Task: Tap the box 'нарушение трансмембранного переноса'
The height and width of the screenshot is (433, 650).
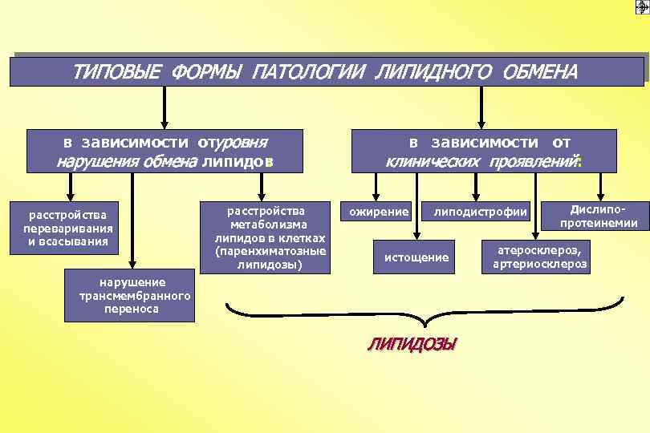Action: pos(135,295)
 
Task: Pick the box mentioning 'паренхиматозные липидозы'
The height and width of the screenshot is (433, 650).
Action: pos(265,237)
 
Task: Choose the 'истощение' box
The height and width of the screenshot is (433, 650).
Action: pos(416,257)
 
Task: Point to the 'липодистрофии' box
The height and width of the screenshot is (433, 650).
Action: pos(481,212)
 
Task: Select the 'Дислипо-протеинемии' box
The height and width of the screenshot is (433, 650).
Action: pos(593,213)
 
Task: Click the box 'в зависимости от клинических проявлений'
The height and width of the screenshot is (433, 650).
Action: pos(484,152)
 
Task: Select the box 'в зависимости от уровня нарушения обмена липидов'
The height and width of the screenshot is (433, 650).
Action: pos(165,152)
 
